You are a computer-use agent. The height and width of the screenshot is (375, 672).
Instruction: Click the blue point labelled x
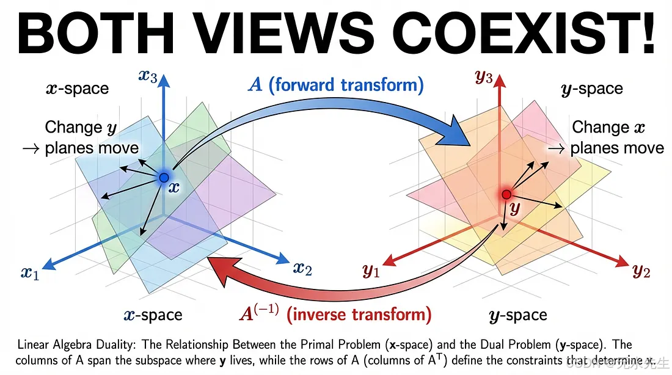tap(164, 178)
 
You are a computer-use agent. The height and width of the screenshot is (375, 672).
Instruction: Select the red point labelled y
tap(506, 194)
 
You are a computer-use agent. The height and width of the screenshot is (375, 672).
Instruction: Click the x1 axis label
tap(29, 272)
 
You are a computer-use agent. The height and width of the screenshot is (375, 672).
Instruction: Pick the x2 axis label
tap(302, 267)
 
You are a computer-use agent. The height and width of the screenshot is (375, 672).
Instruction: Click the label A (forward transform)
tap(335, 84)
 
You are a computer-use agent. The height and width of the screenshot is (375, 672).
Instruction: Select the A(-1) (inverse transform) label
tap(335, 315)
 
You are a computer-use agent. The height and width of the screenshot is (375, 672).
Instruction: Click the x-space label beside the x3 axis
tap(77, 89)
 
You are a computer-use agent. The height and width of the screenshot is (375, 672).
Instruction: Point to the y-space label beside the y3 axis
tap(591, 89)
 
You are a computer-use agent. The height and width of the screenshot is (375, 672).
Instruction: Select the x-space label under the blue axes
tap(152, 315)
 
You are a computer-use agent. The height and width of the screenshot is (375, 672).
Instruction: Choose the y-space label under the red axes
tap(518, 315)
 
